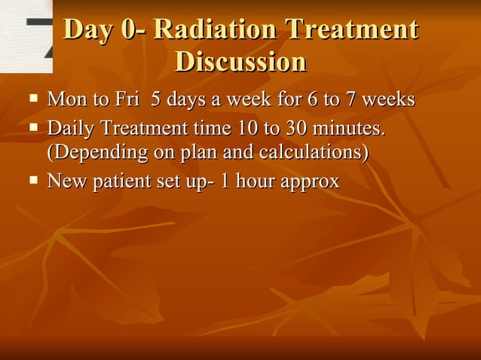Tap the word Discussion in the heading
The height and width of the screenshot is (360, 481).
click(x=240, y=61)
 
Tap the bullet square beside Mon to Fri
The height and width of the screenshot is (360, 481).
click(x=32, y=99)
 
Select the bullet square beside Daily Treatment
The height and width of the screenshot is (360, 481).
click(x=32, y=129)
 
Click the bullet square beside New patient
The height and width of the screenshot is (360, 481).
click(x=32, y=181)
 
